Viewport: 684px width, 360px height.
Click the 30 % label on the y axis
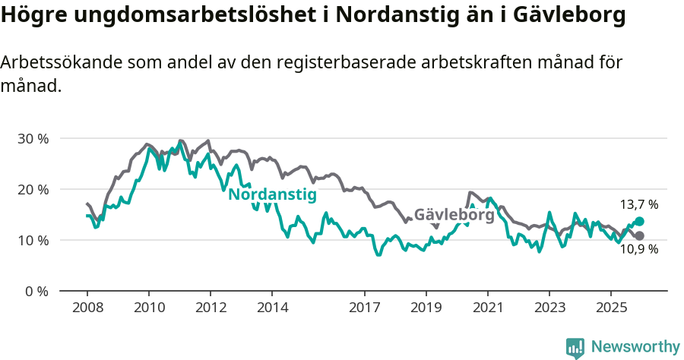click(33, 138)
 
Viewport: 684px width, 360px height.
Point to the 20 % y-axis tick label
click(33, 189)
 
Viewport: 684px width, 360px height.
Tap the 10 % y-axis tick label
click(33, 240)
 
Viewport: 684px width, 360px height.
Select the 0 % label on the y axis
click(36, 291)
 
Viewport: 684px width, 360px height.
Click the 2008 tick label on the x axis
click(87, 308)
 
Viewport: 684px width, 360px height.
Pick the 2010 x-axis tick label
click(149, 308)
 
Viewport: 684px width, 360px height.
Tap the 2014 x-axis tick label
click(273, 308)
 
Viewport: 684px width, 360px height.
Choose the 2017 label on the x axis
click(366, 308)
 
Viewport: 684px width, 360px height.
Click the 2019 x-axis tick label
click(426, 308)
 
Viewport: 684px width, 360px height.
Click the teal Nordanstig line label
click(272, 194)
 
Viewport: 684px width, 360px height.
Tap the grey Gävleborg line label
click(454, 215)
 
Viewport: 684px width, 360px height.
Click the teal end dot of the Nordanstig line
click(639, 221)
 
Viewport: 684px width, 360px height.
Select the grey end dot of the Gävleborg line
click(639, 235)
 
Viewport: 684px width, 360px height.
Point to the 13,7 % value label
click(638, 204)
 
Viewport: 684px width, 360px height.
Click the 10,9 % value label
click(638, 249)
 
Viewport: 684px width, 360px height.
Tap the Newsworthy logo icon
click(575, 348)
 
